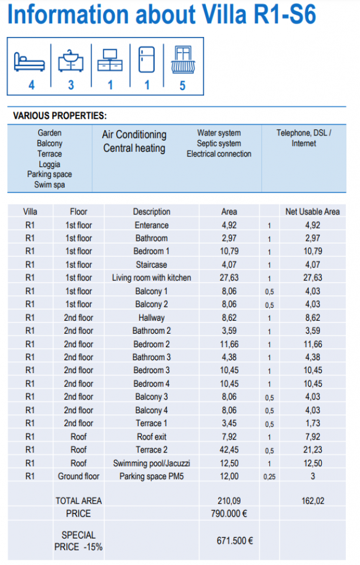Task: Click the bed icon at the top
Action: (x=29, y=61)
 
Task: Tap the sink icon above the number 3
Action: (x=71, y=61)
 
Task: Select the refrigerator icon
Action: (x=146, y=60)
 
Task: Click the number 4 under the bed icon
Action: (x=31, y=85)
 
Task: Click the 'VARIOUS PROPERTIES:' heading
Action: (x=59, y=116)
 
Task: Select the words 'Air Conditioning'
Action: (x=134, y=135)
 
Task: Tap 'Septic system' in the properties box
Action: (x=219, y=144)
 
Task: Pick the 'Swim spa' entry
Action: (x=49, y=185)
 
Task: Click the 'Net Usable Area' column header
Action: (x=312, y=212)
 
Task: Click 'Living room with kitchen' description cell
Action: (x=152, y=278)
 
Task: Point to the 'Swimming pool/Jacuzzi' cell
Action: (x=152, y=463)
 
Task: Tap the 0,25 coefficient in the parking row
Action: (x=269, y=476)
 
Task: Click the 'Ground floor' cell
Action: (x=78, y=476)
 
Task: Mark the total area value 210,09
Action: (x=229, y=501)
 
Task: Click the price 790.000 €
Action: (x=229, y=514)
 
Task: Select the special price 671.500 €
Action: (x=235, y=540)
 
